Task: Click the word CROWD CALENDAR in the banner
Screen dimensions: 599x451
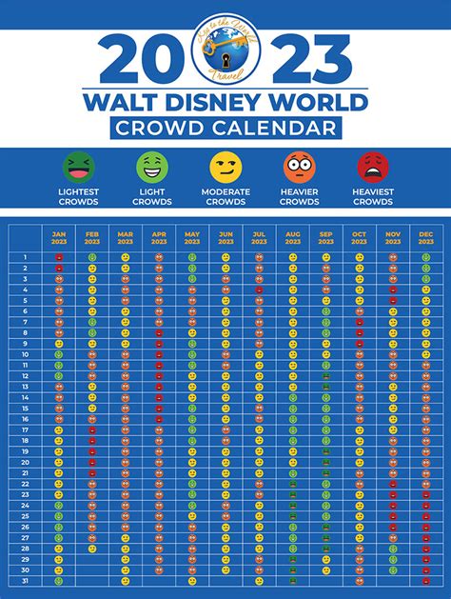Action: point(225,128)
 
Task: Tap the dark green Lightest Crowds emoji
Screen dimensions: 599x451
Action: point(78,168)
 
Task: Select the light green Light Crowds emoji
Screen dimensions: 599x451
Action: point(152,168)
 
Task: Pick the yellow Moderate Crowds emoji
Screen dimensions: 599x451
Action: point(225,168)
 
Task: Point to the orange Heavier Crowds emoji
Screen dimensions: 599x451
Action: point(299,168)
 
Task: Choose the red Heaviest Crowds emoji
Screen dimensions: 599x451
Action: point(373,168)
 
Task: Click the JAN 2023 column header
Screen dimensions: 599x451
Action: point(59,239)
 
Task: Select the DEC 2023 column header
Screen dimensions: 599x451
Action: point(425,239)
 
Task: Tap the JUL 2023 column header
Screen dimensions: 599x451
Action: point(259,239)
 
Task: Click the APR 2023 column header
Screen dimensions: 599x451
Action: point(159,239)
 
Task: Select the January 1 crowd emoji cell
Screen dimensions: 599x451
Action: point(59,257)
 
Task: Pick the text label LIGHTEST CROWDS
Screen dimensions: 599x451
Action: point(78,197)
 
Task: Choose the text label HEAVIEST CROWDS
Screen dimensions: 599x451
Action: point(373,197)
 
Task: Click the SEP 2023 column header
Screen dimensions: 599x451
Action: point(325,239)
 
